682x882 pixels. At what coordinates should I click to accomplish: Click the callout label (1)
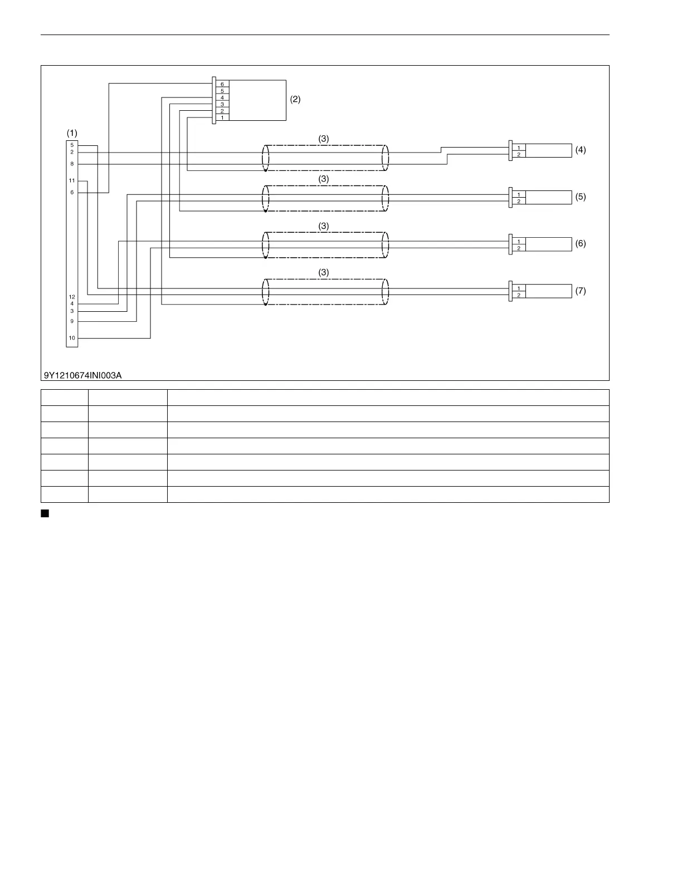pyautogui.click(x=72, y=133)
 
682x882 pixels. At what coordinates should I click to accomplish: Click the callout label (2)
pyautogui.click(x=295, y=99)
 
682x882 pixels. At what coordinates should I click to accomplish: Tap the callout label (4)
pyautogui.click(x=581, y=150)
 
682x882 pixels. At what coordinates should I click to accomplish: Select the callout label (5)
pyautogui.click(x=581, y=197)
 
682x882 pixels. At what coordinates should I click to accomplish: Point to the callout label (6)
pyautogui.click(x=581, y=243)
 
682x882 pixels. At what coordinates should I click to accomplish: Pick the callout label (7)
pyautogui.click(x=581, y=291)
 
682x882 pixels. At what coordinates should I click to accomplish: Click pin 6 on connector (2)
pyautogui.click(x=222, y=84)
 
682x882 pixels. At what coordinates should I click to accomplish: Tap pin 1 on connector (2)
pyautogui.click(x=222, y=117)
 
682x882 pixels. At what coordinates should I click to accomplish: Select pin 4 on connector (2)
pyautogui.click(x=222, y=97)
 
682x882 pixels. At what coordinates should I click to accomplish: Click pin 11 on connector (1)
pyautogui.click(x=72, y=180)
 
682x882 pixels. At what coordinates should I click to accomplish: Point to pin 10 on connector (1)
pyautogui.click(x=72, y=338)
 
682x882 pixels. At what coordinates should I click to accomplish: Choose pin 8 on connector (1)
pyautogui.click(x=72, y=164)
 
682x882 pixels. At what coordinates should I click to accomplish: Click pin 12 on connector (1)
pyautogui.click(x=72, y=297)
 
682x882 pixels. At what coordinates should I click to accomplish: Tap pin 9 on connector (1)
pyautogui.click(x=72, y=321)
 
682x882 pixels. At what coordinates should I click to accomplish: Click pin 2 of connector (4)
pyautogui.click(x=519, y=154)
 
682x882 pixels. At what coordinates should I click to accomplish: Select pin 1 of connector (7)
pyautogui.click(x=519, y=288)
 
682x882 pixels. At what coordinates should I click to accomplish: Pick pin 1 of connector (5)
pyautogui.click(x=519, y=194)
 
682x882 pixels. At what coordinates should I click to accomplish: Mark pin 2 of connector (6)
pyautogui.click(x=519, y=248)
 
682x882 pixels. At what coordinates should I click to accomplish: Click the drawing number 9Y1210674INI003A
pyautogui.click(x=83, y=375)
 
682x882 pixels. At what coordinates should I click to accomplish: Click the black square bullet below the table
pyautogui.click(x=45, y=513)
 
